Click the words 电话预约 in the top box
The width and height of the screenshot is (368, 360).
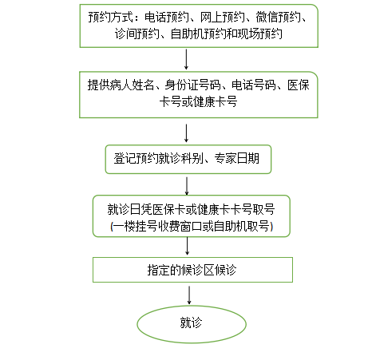(167, 18)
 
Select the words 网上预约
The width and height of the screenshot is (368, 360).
(222, 18)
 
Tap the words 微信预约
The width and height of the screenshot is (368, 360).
(278, 18)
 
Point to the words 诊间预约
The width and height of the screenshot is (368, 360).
(137, 34)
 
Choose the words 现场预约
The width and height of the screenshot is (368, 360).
(259, 34)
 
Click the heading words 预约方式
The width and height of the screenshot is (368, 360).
(110, 18)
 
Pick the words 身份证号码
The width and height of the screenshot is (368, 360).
(192, 85)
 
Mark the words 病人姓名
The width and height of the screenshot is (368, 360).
(132, 85)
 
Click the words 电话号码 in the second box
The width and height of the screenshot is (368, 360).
(254, 85)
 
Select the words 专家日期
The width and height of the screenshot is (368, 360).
(236, 159)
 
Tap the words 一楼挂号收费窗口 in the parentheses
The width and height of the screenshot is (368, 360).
(158, 227)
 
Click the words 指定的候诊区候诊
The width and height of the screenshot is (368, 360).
(192, 270)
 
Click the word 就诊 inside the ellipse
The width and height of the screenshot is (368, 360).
(191, 322)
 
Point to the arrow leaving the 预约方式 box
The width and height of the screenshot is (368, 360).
(186, 59)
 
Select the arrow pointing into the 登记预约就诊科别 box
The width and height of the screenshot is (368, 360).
(186, 133)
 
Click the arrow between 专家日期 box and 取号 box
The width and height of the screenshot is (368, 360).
(187, 186)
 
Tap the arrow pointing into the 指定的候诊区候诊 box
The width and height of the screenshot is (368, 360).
(187, 246)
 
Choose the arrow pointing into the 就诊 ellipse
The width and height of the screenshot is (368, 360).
(189, 295)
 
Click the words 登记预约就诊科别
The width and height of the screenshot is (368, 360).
(158, 159)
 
